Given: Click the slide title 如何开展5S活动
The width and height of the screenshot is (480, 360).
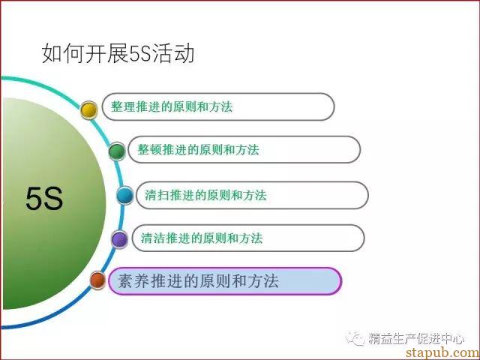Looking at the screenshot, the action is (x=118, y=54).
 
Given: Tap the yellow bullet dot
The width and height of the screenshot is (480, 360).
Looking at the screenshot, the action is (x=88, y=110).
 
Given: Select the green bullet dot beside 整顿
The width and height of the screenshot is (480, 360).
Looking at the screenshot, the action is (x=117, y=151).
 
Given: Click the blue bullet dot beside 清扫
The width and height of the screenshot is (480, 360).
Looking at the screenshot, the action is (x=125, y=195).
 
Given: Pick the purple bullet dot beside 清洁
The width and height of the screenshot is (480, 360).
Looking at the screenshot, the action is (x=119, y=239).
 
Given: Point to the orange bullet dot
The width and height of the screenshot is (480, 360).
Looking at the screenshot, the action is (x=97, y=280).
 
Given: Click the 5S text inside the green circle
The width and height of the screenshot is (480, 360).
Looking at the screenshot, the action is (x=44, y=199).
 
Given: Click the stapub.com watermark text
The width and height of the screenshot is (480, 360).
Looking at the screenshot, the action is (x=442, y=352).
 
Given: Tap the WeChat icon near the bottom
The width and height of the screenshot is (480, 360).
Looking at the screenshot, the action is (x=355, y=338).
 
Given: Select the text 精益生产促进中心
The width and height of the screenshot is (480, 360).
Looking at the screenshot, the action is (x=416, y=338).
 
